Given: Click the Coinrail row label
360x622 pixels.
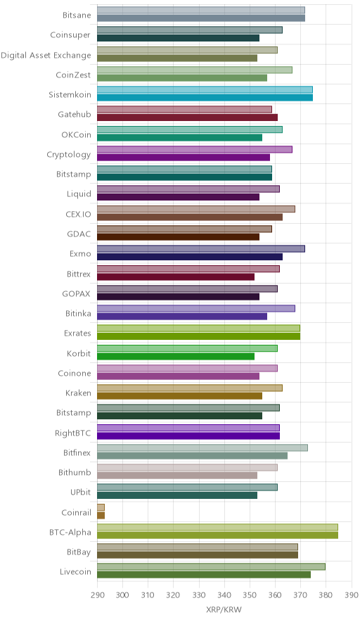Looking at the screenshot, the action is tap(76, 512).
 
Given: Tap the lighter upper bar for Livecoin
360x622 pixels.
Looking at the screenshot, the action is tap(211, 567).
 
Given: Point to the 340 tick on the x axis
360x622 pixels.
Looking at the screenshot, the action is tap(224, 595).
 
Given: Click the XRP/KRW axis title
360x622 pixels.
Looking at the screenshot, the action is tap(224, 610).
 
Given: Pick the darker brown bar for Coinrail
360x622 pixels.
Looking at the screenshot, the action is tap(101, 515).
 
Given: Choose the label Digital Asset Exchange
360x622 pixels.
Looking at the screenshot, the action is tap(46, 55).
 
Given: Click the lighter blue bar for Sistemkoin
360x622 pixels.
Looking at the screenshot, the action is tap(205, 89).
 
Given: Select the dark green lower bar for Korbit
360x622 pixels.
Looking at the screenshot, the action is tap(176, 356).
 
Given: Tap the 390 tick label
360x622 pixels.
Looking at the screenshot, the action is tap(352, 595).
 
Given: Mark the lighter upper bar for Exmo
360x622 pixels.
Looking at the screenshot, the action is tap(201, 248).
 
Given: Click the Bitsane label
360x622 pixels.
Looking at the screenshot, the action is tap(77, 15).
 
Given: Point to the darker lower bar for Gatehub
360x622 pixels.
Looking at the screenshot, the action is tap(187, 118).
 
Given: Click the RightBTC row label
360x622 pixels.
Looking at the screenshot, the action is tap(73, 433).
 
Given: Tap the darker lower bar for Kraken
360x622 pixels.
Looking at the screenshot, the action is tap(179, 396).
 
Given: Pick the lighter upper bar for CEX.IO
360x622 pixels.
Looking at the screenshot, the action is tap(196, 209).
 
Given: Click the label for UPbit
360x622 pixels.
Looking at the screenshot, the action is tap(80, 493).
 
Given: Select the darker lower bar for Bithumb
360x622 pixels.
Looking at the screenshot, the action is tap(176, 475).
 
